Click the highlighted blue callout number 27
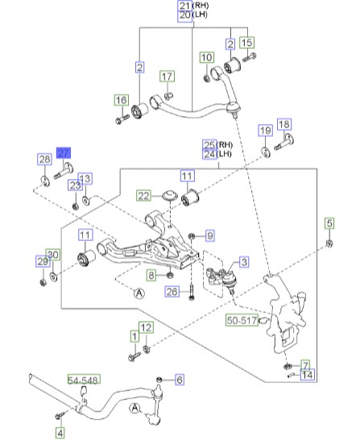tap(64, 153)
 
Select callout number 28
tap(45, 159)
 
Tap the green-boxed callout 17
tap(167, 77)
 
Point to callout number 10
tap(207, 57)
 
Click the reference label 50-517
tap(242, 320)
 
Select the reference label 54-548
tap(84, 380)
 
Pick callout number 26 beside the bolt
tap(172, 292)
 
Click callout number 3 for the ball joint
tap(244, 262)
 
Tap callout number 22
tap(143, 196)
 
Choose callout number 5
tap(329, 223)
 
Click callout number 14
tap(308, 375)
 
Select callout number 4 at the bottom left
tap(60, 433)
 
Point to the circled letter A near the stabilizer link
tap(134, 409)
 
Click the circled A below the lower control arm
tap(139, 293)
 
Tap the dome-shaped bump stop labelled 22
tap(170, 196)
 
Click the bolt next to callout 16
tap(122, 119)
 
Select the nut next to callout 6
tap(159, 379)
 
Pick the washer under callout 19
tap(266, 152)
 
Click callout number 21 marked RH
tap(185, 6)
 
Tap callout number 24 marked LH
tap(209, 155)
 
